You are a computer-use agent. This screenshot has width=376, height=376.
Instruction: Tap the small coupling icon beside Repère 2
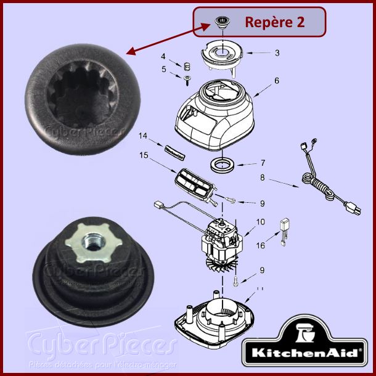[220, 23]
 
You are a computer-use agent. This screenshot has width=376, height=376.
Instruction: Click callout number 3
[277, 53]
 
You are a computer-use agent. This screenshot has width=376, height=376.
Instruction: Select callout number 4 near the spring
[163, 57]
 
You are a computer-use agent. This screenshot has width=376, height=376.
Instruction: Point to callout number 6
[277, 80]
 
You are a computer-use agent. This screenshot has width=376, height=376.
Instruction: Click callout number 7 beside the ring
[262, 164]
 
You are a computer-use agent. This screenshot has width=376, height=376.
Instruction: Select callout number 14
[143, 135]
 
